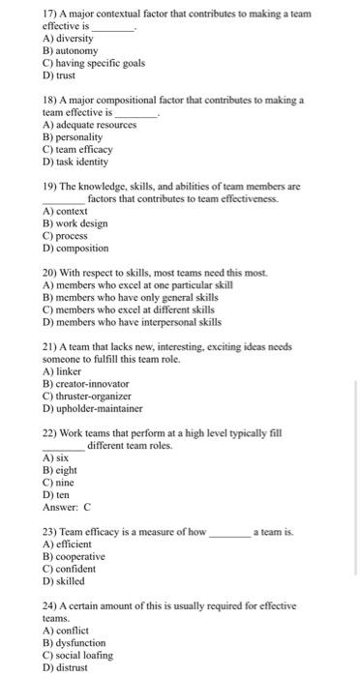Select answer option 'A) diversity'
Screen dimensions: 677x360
coord(71,39)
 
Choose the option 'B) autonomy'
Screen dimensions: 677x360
coord(71,50)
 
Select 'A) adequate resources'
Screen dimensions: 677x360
coord(92,126)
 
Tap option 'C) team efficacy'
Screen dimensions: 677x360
coord(78,149)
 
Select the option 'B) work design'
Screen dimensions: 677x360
coord(75,223)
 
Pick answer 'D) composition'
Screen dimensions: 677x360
coord(76,248)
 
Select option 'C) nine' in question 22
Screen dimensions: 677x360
coord(59,483)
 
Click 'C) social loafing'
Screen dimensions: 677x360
coord(78,655)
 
